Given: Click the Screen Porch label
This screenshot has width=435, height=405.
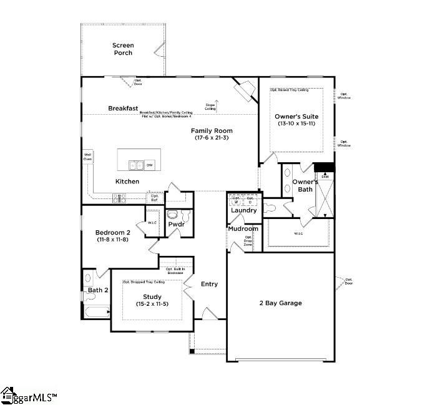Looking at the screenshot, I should tap(123, 49).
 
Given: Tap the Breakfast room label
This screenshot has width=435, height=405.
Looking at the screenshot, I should tap(123, 108).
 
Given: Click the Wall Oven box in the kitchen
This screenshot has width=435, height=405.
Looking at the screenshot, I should tap(88, 156).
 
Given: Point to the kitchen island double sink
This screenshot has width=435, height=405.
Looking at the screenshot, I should tap(136, 165).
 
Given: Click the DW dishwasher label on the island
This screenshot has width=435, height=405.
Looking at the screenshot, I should tap(150, 165).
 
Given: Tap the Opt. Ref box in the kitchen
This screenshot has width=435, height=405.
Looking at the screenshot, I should tap(154, 198).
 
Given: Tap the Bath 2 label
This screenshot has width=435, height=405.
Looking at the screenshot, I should tap(98, 290).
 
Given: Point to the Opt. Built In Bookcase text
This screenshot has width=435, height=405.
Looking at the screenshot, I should tap(179, 270).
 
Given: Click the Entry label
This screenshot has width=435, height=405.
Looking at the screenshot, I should tap(209, 284).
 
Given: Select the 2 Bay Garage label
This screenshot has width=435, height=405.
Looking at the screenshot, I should tap(280, 303).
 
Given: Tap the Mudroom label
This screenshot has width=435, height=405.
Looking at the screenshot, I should tap(243, 228).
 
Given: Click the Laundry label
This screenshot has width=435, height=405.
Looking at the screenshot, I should tap(243, 210).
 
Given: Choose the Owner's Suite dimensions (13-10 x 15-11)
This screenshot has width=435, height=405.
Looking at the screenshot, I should tap(296, 124).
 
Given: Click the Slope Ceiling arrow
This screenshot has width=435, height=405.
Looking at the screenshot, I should tap(216, 102).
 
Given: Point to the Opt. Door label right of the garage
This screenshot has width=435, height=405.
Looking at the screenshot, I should tap(348, 282).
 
